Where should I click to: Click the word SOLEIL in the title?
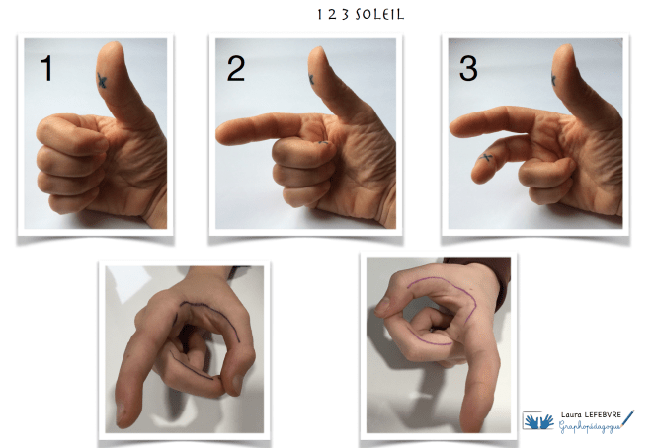click(x=379, y=15)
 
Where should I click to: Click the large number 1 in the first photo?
click(x=46, y=69)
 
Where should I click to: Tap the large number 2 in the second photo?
click(x=236, y=69)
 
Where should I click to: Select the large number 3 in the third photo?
click(x=468, y=69)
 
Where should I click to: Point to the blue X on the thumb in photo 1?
click(x=102, y=80)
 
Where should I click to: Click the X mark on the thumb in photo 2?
click(x=311, y=79)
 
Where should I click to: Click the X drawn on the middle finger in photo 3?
click(x=485, y=158)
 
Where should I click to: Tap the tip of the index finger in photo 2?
click(x=218, y=134)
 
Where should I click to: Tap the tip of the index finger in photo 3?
click(x=453, y=127)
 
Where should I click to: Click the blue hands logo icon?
click(x=538, y=421)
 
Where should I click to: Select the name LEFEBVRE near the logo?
click(x=603, y=414)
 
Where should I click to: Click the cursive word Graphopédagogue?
click(x=590, y=426)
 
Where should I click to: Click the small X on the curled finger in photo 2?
click(x=323, y=142)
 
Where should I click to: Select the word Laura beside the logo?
click(x=571, y=414)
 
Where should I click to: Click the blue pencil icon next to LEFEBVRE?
click(x=627, y=418)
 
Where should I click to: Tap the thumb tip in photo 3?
click(x=563, y=48)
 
